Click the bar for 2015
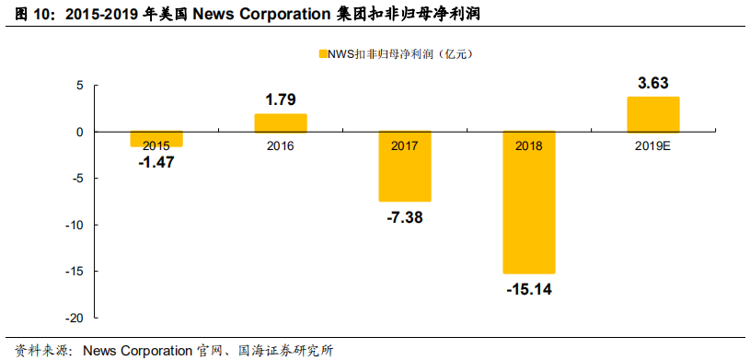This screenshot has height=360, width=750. (x=156, y=139)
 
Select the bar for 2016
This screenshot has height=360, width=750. (x=281, y=123)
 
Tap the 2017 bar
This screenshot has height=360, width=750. (x=405, y=167)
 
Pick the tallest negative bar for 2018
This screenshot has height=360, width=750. (x=529, y=203)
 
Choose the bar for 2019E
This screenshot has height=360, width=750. (x=652, y=114)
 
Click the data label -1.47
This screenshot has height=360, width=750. (x=156, y=162)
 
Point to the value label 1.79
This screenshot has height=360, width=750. (x=281, y=99)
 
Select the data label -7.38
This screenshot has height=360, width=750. (x=405, y=217)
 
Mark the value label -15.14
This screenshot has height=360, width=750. (x=529, y=289)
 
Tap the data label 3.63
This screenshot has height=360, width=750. (x=652, y=83)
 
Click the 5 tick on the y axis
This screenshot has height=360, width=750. (x=80, y=86)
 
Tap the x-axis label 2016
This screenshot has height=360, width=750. (x=281, y=145)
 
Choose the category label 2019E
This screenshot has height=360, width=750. (x=652, y=145)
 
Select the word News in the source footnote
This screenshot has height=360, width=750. (x=100, y=350)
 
